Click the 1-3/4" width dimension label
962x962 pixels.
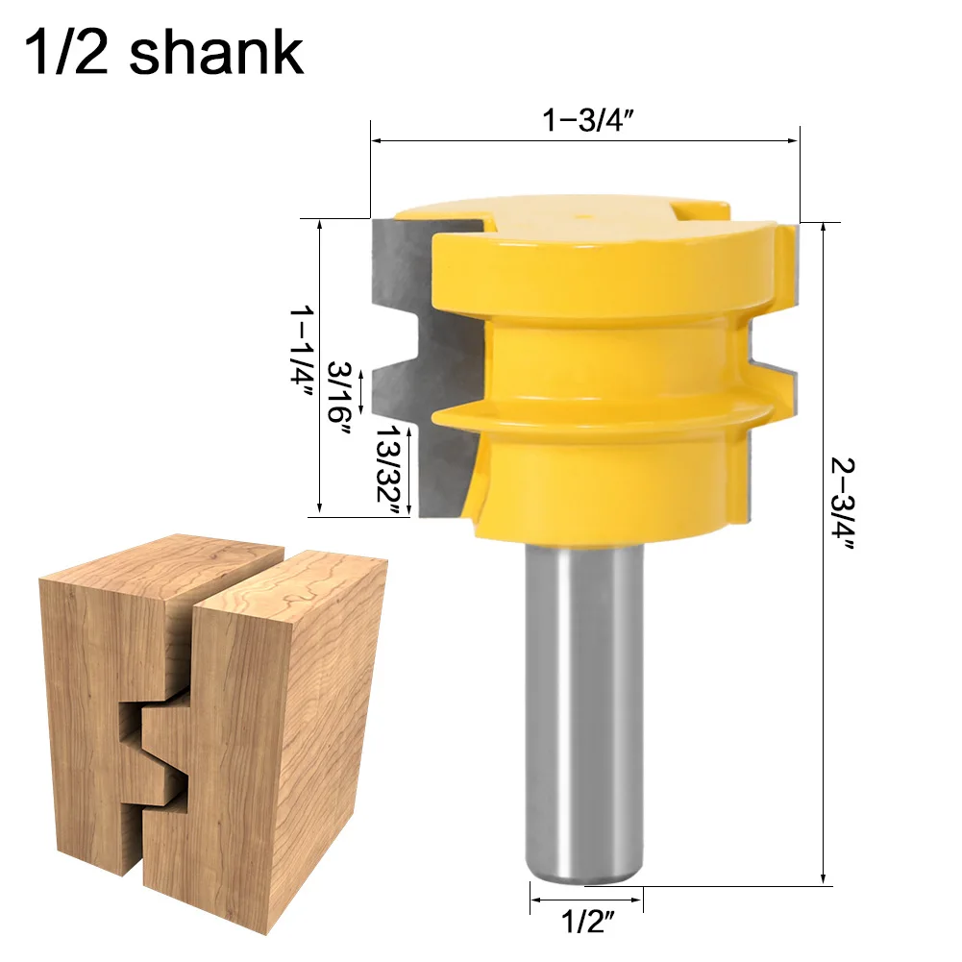point(586,121)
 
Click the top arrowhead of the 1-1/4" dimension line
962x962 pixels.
point(319,224)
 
